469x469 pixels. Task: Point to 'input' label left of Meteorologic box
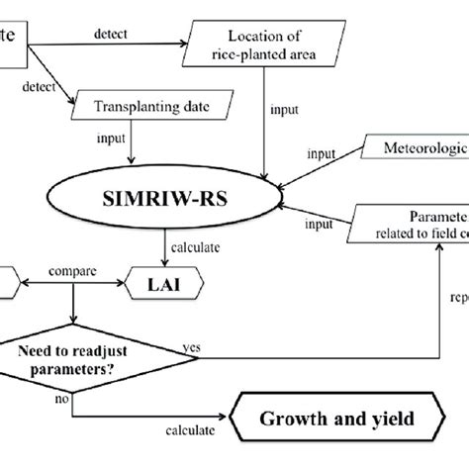click(x=321, y=153)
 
